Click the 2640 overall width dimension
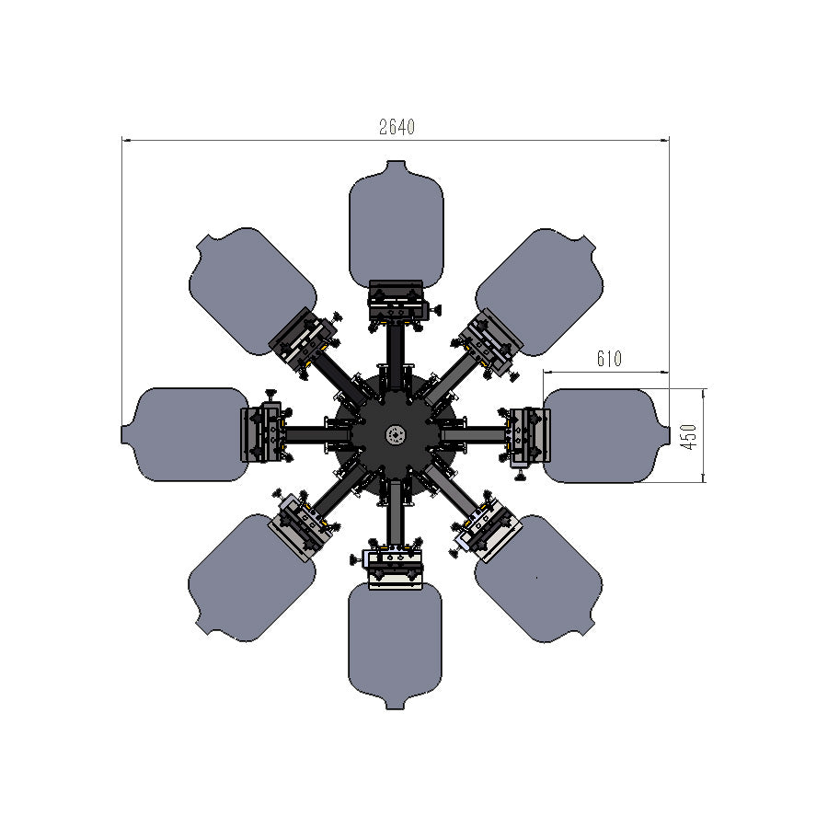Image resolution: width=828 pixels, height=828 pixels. (x=397, y=127)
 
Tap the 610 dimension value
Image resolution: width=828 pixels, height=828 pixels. (x=609, y=359)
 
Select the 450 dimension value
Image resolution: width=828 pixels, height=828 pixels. (x=689, y=436)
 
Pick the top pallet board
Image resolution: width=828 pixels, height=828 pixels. (x=397, y=224)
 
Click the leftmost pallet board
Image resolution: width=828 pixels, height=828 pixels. (x=185, y=434)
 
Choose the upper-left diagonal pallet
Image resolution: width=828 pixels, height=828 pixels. (x=252, y=291)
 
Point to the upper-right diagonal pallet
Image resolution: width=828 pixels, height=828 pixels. (x=539, y=292)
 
